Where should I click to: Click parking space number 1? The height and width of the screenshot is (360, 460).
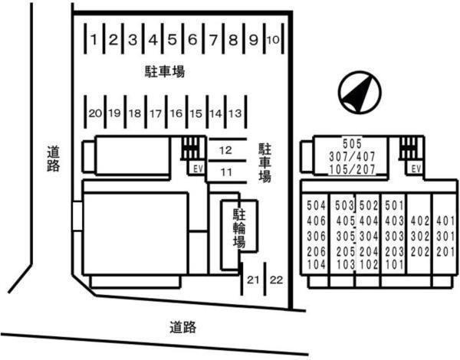94,39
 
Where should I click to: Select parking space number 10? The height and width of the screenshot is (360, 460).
274,40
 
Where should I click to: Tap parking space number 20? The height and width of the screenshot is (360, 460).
95,113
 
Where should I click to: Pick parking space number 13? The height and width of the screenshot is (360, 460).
235,113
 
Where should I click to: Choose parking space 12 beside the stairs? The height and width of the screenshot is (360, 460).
225,150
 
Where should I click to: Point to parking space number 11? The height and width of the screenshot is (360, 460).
226,172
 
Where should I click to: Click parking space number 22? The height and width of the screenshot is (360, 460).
276,280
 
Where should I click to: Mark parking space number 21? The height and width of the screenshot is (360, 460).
253,280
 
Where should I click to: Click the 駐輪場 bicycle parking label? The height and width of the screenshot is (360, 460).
239,228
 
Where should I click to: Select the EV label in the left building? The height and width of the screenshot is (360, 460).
198,169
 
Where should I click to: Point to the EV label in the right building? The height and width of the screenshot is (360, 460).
416,169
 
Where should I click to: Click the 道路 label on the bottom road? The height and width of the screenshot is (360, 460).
182,327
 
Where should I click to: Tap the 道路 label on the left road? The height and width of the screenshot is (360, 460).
54,159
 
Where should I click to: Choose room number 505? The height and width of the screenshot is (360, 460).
353,144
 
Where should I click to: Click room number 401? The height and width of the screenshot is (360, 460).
445,221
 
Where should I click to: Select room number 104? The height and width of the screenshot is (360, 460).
316,265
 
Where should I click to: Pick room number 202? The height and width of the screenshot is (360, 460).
420,252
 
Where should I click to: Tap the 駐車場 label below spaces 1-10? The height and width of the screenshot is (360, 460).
165,72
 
